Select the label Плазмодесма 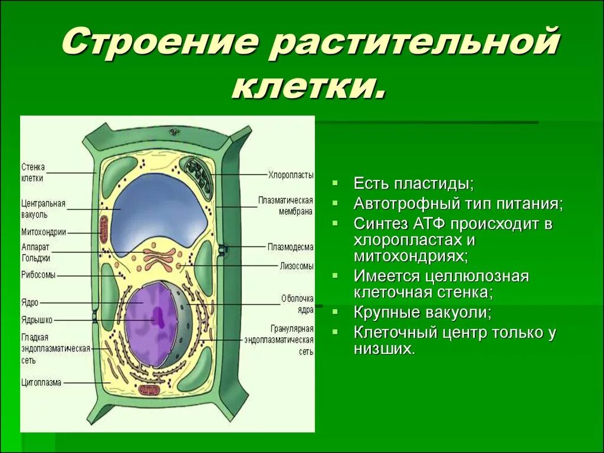pyautogui.click(x=290, y=247)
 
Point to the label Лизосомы pyautogui.click(x=297, y=266)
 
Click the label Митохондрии pyautogui.click(x=44, y=232)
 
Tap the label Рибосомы pyautogui.click(x=38, y=275)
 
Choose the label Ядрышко pyautogui.click(x=37, y=320)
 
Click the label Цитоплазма pyautogui.click(x=41, y=382)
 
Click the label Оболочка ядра pyautogui.click(x=297, y=304)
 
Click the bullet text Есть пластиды pyautogui.click(x=413, y=183)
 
